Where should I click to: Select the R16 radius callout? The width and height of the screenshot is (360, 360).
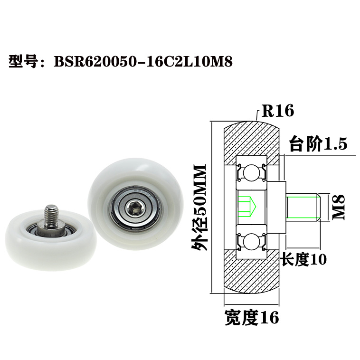click(275, 111)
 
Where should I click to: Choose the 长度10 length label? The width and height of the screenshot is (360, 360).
click(304, 259)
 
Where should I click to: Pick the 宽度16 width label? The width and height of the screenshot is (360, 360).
click(252, 318)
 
